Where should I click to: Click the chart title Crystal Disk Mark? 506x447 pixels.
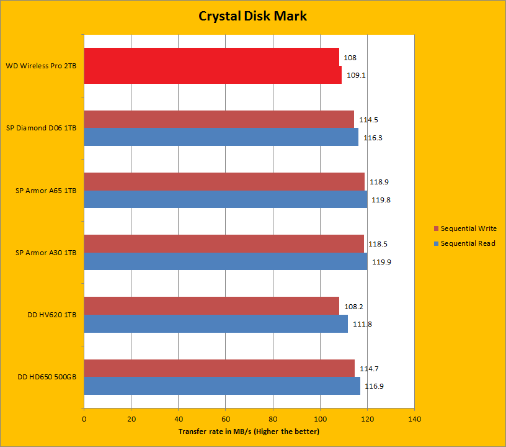tap(252, 16)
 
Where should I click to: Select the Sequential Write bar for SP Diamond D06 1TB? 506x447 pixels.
tap(218, 119)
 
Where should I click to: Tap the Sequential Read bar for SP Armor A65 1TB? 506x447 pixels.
tap(225, 199)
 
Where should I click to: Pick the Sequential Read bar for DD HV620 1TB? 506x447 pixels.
tap(215, 323)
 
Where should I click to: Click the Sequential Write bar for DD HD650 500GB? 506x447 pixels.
tap(219, 368)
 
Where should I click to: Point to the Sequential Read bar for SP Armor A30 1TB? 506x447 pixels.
tap(225, 261)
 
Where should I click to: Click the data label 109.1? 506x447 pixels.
tap(355, 75)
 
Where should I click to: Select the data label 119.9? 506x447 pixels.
tap(381, 262)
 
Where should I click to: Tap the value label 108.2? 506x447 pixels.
tap(353, 306)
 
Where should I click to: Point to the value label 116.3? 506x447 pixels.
tap(372, 138)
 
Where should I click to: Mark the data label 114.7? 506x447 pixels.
tap(370, 369)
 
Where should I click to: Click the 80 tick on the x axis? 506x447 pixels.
tap(273, 419)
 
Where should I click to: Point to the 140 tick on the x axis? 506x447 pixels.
tap(414, 419)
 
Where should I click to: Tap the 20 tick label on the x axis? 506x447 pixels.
tap(131, 419)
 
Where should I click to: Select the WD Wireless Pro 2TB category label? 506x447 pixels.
tap(41, 66)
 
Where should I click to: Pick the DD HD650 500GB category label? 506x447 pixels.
tap(43, 377)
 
